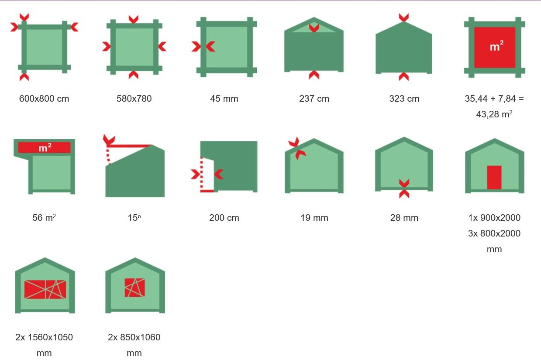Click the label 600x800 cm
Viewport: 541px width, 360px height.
coord(44,99)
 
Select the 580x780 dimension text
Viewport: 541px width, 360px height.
coord(134,99)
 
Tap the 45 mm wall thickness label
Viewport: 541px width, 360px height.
coord(224,99)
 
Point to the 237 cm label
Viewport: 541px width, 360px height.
coord(314,99)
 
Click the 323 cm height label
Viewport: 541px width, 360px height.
coord(404,99)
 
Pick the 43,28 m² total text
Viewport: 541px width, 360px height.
coord(494,114)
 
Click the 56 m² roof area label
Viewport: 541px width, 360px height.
coord(44,218)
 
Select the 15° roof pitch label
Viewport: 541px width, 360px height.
coord(134,218)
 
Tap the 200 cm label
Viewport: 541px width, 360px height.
coord(224,218)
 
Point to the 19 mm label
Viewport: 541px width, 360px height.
coord(314,218)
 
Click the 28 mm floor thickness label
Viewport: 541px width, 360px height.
coord(404,218)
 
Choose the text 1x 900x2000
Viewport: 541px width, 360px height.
coord(494,218)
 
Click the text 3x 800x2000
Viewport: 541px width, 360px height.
coord(494,233)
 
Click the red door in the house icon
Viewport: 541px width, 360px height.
coord(494,177)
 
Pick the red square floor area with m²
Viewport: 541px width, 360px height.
coord(495,47)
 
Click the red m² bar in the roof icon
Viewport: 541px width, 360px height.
coord(45,147)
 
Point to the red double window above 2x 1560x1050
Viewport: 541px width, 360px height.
coord(45,290)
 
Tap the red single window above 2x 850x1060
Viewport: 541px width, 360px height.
coord(135,288)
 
